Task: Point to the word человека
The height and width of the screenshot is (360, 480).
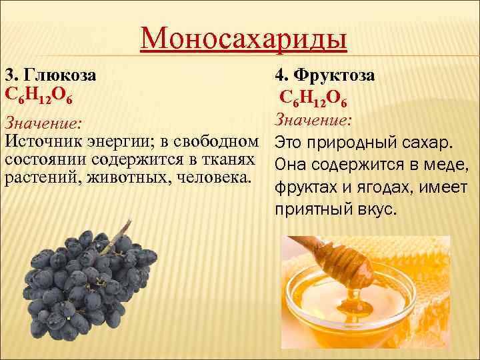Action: (213, 178)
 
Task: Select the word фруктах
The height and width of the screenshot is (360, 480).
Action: (304, 189)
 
